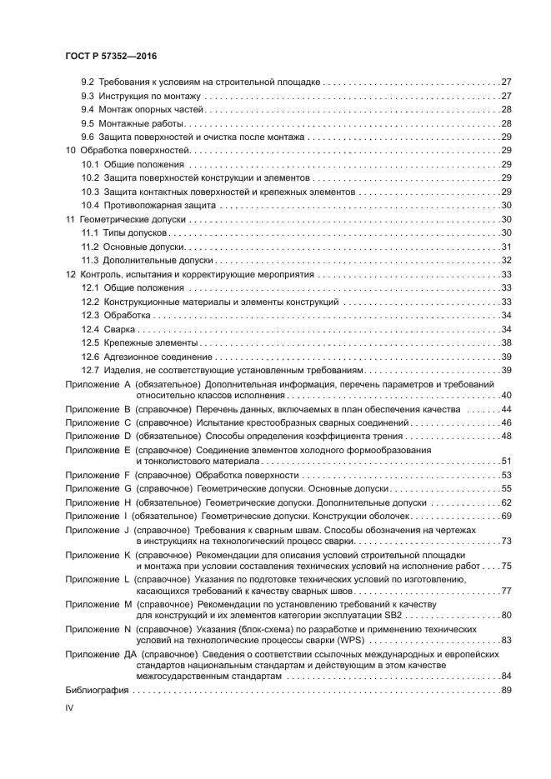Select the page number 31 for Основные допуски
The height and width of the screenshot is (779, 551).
coord(506,247)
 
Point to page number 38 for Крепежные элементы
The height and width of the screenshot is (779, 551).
coord(506,342)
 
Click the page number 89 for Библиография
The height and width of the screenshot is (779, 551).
coord(506,691)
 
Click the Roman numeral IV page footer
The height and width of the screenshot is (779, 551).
coord(70,708)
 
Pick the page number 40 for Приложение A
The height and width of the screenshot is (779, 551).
coord(506,395)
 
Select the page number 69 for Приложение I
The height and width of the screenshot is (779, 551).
coord(506,517)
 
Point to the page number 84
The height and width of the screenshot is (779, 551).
coord(506,677)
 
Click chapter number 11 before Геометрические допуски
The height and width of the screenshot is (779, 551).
coord(70,220)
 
